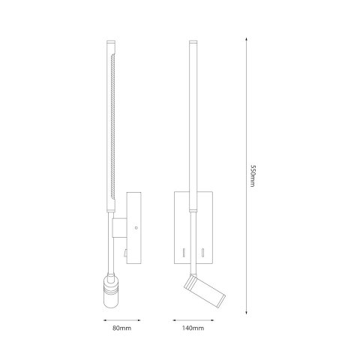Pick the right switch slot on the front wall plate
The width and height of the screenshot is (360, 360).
pos(205,250)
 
